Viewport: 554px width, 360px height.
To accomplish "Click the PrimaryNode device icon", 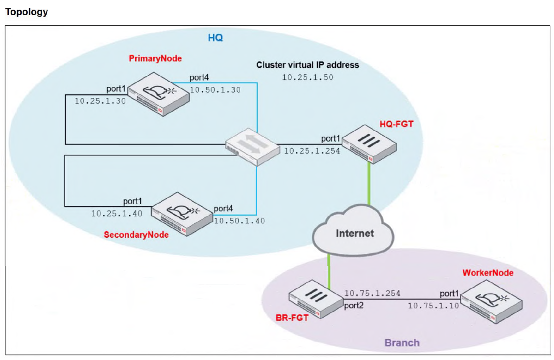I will tap(158, 94).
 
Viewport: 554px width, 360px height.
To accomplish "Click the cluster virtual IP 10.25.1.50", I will tap(307, 77).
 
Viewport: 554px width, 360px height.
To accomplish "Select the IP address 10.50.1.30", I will tap(215, 90).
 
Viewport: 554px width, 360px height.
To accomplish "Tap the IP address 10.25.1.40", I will tap(117, 213).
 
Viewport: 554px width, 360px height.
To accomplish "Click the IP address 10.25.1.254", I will tap(312, 150).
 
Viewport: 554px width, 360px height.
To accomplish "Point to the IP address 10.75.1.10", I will tap(433, 305).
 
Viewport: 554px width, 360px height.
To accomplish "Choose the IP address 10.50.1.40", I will tap(239, 221).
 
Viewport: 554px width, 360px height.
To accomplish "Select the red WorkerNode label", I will tap(488, 273).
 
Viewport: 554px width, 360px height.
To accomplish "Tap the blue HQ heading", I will tap(215, 38).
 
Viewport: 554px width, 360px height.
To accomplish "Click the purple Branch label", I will tap(402, 343).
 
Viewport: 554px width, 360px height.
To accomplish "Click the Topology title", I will tap(26, 12).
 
